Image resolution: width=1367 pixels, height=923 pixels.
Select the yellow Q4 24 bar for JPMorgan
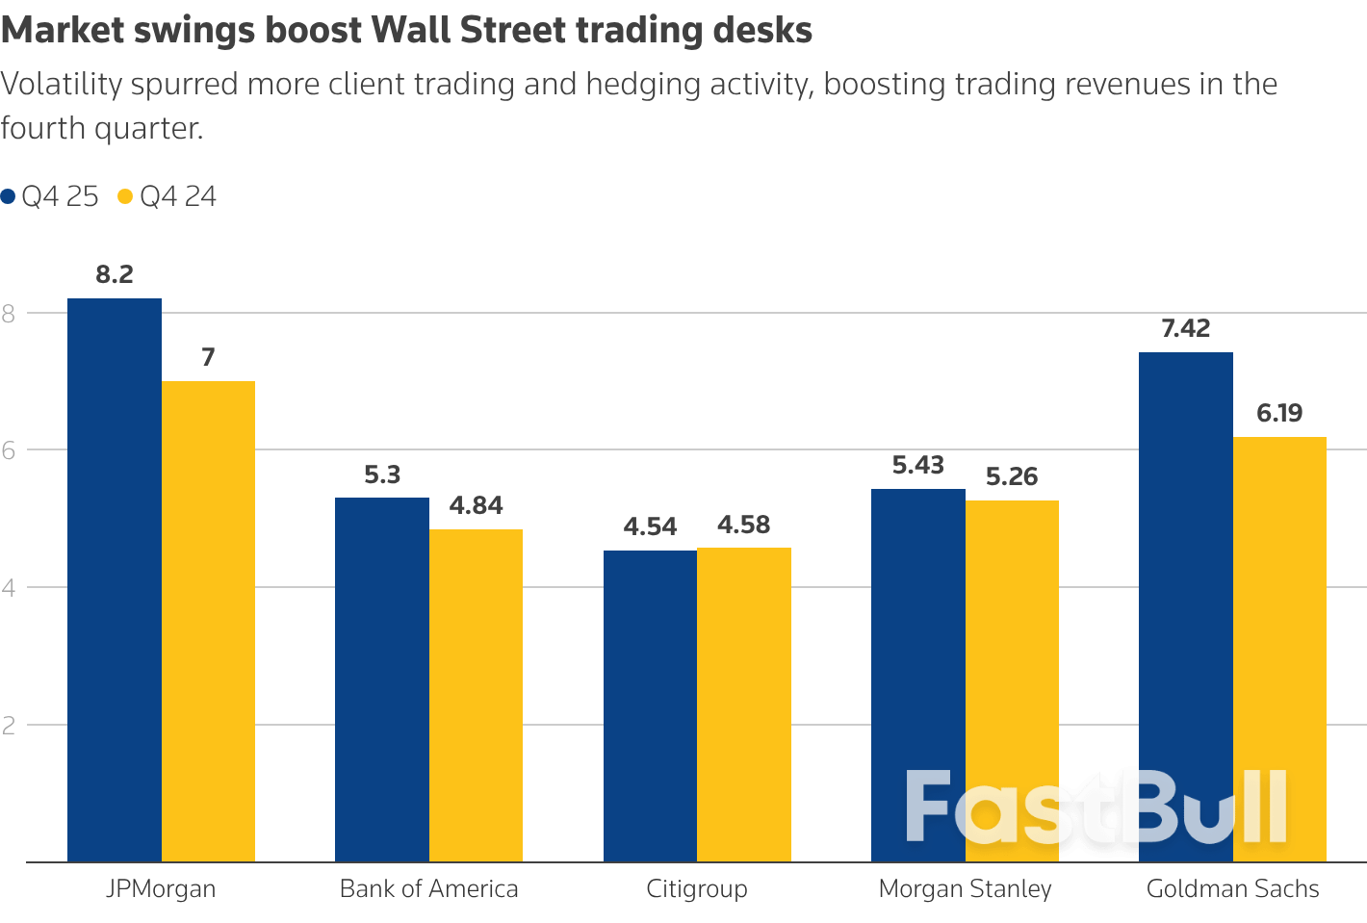pos(208,621)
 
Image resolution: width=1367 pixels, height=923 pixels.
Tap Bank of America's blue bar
pos(382,679)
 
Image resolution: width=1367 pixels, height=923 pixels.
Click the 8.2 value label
pos(115,274)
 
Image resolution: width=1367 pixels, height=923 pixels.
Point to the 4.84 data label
pos(476,505)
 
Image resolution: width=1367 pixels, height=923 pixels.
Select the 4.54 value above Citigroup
pos(650,526)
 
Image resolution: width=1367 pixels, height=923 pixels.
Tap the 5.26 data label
pos(1012,476)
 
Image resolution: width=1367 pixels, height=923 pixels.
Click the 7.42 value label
pos(1185,328)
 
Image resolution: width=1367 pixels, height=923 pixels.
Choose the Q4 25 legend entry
pos(50,196)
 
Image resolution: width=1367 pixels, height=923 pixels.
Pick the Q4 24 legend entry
pos(168,196)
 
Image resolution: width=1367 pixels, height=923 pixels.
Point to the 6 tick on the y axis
pos(9,449)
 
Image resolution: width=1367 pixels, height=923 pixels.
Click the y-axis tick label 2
pos(9,725)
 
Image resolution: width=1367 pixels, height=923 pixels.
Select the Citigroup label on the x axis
pos(697,888)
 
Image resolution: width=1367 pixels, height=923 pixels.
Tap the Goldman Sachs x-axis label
pos(1232,888)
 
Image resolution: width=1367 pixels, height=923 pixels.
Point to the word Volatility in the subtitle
pos(62,84)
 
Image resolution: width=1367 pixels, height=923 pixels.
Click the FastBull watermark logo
pos(1096,808)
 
